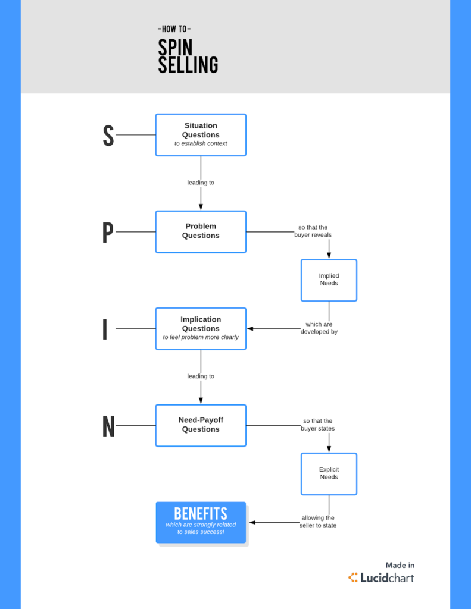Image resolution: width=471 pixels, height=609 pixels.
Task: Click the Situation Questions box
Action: click(201, 135)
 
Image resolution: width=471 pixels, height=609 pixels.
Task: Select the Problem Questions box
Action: click(201, 231)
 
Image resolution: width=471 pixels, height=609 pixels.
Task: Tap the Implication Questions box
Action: click(201, 328)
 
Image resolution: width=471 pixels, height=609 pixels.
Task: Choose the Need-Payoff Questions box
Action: click(201, 425)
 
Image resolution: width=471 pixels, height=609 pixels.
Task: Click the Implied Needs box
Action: click(329, 280)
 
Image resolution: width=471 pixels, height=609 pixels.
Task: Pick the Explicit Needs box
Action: click(329, 473)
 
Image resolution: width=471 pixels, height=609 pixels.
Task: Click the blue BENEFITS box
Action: click(201, 522)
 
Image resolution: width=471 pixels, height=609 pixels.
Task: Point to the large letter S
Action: click(108, 136)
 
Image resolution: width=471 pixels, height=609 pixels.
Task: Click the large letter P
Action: click(107, 233)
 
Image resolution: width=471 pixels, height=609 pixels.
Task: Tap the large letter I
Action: click(105, 329)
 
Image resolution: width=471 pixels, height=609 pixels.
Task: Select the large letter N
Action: click(108, 426)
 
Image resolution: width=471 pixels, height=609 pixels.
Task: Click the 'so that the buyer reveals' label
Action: click(313, 231)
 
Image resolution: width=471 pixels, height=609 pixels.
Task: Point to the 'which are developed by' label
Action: click(319, 328)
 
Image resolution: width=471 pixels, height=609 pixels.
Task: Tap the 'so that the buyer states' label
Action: click(317, 425)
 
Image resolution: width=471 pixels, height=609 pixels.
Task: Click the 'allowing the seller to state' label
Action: click(317, 522)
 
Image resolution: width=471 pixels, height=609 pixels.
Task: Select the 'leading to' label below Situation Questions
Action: click(201, 183)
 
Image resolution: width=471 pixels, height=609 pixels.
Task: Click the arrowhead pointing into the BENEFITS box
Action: click(252, 522)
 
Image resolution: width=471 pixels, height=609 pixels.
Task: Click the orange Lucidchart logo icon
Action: click(353, 577)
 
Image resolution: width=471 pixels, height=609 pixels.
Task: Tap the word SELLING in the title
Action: click(188, 65)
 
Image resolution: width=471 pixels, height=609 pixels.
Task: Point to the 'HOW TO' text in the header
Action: click(174, 29)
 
